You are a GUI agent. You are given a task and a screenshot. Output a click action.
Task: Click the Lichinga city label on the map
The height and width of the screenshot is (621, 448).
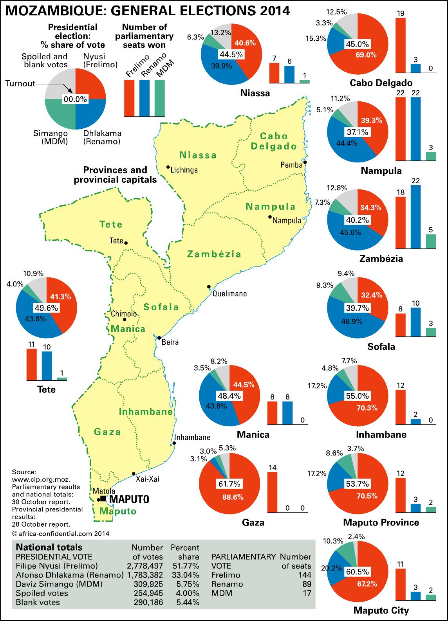coord(184,170)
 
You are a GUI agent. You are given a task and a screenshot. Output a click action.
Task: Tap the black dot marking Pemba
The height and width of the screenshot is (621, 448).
coord(305,162)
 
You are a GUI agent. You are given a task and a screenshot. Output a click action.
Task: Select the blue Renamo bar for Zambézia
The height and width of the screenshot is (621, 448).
coord(415,217)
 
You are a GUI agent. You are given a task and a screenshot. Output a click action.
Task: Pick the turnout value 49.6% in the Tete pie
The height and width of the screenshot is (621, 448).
coord(47,308)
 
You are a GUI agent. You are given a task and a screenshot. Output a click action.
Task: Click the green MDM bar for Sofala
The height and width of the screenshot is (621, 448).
coord(430,332)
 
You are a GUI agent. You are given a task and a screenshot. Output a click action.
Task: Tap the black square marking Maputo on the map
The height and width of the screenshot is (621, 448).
coord(103,498)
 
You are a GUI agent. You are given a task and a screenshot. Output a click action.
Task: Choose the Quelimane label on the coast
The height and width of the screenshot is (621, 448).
coord(229,293)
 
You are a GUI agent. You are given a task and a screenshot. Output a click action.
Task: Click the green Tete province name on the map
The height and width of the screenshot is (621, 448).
coord(111,225)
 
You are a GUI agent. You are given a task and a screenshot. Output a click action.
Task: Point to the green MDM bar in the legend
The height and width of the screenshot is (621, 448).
coord(160,98)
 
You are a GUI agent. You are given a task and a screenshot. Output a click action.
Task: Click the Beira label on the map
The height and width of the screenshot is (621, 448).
coord(170,342)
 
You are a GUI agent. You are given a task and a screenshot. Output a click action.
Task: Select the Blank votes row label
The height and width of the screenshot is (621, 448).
coord(38,602)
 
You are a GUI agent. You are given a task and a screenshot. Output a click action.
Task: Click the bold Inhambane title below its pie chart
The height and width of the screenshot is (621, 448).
coord(381,434)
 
